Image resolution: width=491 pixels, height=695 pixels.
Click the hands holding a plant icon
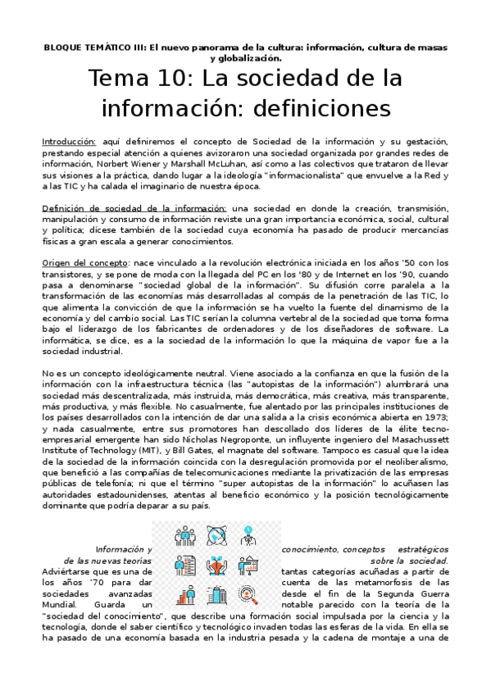(216, 566)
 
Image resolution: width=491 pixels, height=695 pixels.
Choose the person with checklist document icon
(184, 566)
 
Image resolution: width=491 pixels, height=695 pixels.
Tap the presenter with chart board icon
(248, 566)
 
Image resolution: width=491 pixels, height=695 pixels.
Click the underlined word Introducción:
(70, 142)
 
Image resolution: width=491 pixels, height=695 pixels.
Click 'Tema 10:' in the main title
(141, 80)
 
